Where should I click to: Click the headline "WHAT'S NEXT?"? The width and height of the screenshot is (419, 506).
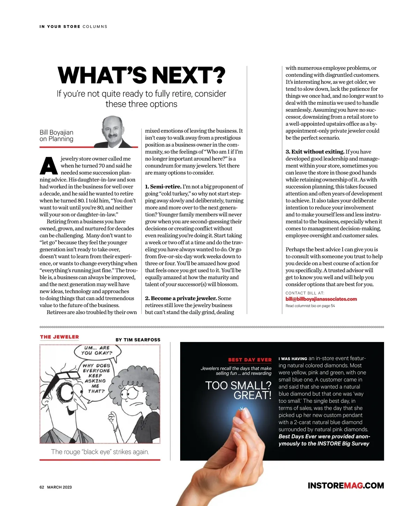click(141, 75)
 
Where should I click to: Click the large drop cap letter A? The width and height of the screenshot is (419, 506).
click(49, 166)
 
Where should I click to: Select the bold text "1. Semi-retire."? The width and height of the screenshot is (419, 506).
click(163, 187)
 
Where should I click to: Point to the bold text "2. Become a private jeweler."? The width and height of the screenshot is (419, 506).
click(181, 298)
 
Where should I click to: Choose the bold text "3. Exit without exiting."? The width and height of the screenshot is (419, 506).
click(315, 152)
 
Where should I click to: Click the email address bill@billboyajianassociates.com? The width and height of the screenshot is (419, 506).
click(321, 299)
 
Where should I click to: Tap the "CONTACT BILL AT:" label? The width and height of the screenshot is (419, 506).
click(305, 293)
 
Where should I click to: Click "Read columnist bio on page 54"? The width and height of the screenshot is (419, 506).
click(310, 306)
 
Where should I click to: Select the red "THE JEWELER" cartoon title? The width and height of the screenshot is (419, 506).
click(59, 337)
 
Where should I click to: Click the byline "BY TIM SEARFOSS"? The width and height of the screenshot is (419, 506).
click(138, 340)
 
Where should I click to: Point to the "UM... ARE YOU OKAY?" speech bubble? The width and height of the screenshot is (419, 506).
click(97, 350)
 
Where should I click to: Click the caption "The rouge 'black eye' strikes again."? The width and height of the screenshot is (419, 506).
click(100, 452)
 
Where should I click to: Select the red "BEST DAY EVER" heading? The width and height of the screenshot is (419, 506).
click(250, 360)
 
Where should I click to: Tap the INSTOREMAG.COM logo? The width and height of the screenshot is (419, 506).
click(346, 485)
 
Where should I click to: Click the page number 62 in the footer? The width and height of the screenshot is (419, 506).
click(42, 487)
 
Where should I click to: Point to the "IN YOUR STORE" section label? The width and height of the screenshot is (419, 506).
click(60, 27)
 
